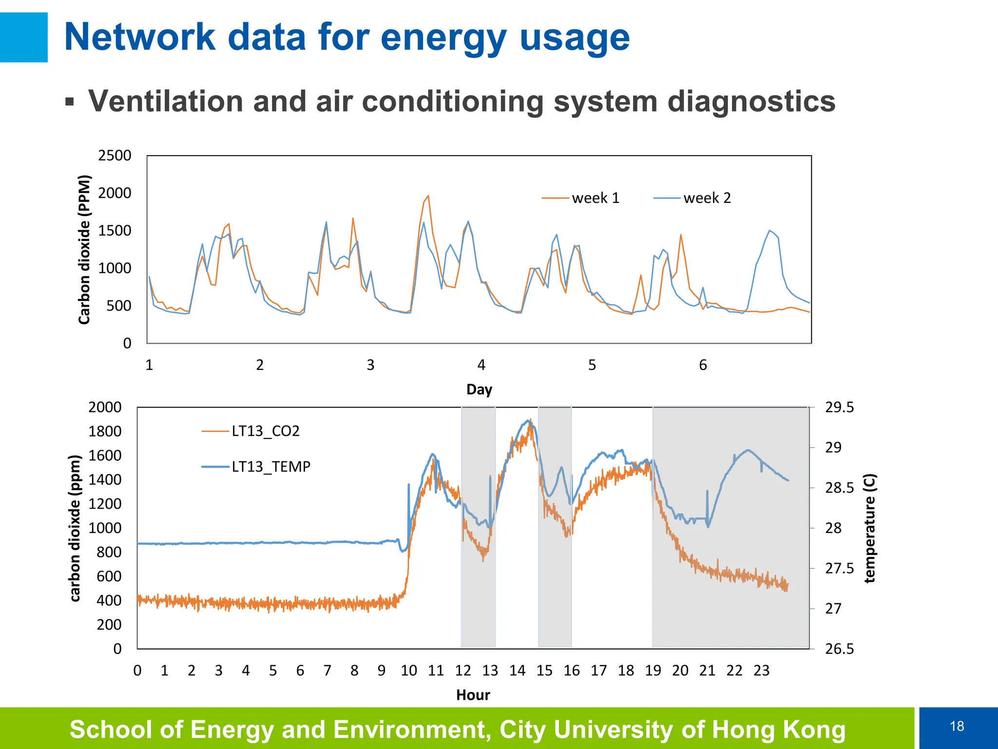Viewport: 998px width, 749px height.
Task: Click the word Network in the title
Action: point(140,37)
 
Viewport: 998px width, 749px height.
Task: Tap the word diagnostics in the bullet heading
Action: point(751,101)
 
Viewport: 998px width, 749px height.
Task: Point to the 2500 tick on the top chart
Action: point(115,156)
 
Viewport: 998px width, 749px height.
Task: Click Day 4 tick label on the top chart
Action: point(481,365)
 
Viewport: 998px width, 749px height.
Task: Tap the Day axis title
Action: point(479,390)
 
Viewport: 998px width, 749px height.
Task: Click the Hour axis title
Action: point(473,695)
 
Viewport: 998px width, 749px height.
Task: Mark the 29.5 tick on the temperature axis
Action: point(839,407)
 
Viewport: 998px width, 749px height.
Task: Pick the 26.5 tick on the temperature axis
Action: point(839,649)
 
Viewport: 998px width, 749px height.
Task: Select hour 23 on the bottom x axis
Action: point(761,670)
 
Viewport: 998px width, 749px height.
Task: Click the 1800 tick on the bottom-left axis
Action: point(104,431)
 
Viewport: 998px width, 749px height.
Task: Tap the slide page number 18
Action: point(957,726)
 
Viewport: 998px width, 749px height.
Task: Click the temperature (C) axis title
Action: point(870,528)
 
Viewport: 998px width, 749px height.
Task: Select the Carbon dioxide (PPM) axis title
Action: point(84,249)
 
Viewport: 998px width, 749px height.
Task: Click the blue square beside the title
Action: point(23,37)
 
